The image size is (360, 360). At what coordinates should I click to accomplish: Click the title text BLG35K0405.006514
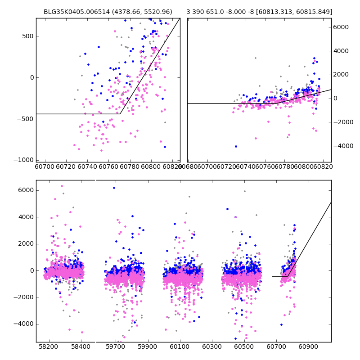[x=74, y=12]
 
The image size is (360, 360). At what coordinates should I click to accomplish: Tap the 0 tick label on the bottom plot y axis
[x=31, y=270]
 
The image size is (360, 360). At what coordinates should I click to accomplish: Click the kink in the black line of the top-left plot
[x=120, y=114]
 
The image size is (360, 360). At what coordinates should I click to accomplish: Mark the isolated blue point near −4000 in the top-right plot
[x=235, y=146]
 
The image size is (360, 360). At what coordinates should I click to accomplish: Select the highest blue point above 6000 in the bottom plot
[x=114, y=188]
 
